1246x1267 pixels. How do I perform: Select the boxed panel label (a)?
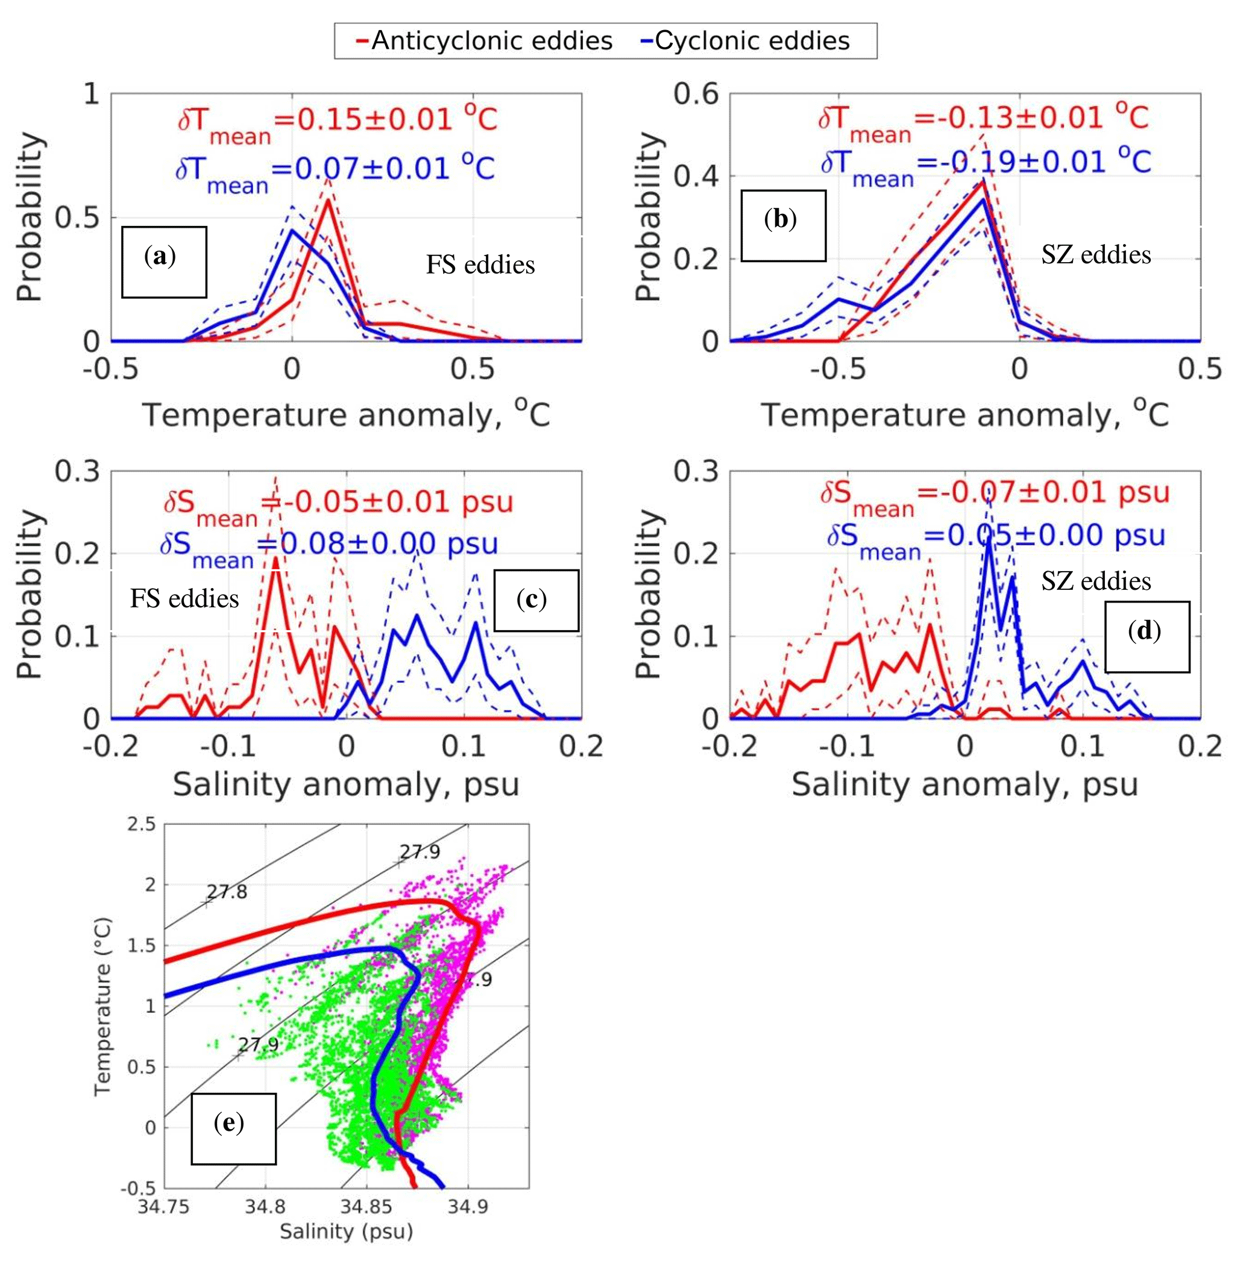coord(163,261)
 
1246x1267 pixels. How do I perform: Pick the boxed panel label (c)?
coord(535,599)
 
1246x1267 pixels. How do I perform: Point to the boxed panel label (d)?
coord(1147,636)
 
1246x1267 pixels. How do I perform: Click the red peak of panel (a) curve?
coord(328,199)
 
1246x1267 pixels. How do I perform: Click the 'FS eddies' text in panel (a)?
coord(480,265)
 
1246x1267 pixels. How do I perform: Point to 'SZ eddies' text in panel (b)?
coord(1095,254)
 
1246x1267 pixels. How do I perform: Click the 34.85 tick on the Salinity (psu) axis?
coord(366,1206)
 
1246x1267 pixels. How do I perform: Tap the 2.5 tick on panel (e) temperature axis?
coord(141,824)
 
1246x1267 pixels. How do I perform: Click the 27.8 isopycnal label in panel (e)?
coord(227,892)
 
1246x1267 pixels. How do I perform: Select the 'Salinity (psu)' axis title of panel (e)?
coord(346,1231)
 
